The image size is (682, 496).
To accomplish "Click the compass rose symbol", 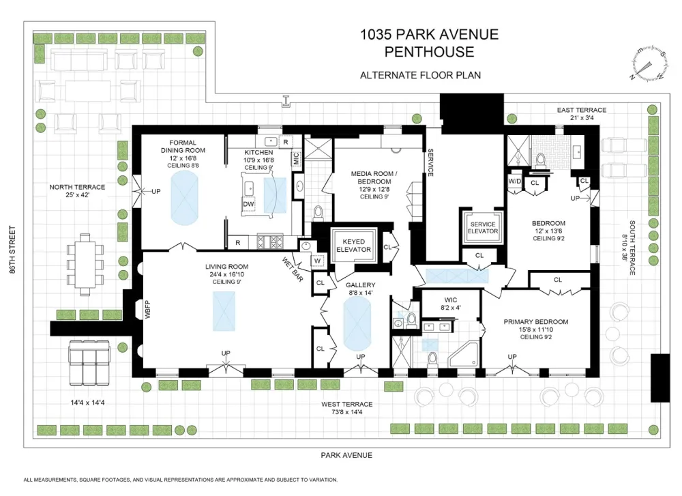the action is pyautogui.click(x=650, y=63).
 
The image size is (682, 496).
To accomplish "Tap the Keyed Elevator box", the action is pyautogui.click(x=353, y=246).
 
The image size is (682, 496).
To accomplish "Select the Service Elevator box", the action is pyautogui.click(x=483, y=228).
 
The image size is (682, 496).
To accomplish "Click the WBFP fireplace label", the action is pyautogui.click(x=148, y=310).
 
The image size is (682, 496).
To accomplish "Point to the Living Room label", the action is pyautogui.click(x=226, y=267).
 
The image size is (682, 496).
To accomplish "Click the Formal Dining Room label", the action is pyautogui.click(x=183, y=146).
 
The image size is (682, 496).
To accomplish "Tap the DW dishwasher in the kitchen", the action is pyautogui.click(x=248, y=204).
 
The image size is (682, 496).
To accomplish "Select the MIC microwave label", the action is pyautogui.click(x=296, y=158).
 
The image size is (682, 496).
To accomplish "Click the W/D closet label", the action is pyautogui.click(x=514, y=181).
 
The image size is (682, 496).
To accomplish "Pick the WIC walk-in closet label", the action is pyautogui.click(x=451, y=300).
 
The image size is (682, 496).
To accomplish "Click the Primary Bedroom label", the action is pyautogui.click(x=536, y=322).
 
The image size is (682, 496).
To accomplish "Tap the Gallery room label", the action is pyautogui.click(x=361, y=285).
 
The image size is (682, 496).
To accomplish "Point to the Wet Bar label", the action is pyautogui.click(x=293, y=269).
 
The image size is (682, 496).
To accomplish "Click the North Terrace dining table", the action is pyautogui.click(x=85, y=265).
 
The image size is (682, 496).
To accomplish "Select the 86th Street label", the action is pyautogui.click(x=12, y=249).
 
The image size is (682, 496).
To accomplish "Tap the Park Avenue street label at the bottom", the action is pyautogui.click(x=346, y=455).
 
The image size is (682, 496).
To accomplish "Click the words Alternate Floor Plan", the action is pyautogui.click(x=421, y=75).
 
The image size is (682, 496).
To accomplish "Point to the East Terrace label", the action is pyautogui.click(x=582, y=110).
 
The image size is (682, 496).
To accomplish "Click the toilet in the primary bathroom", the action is pyautogui.click(x=432, y=359).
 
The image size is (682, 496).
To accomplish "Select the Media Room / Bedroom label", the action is pyautogui.click(x=374, y=177).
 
